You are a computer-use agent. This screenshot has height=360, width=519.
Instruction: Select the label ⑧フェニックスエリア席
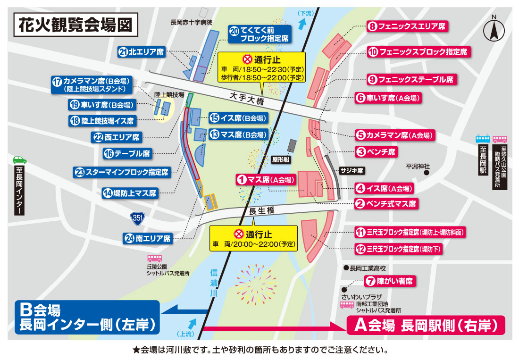(407, 27)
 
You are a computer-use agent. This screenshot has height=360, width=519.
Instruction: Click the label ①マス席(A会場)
(267, 180)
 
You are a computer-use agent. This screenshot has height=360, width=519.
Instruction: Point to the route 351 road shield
(137, 218)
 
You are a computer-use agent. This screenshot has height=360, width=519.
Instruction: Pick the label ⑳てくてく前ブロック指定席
(259, 34)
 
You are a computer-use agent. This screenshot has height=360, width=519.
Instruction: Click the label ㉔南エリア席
(149, 238)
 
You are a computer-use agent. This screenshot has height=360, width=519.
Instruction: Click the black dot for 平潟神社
(426, 173)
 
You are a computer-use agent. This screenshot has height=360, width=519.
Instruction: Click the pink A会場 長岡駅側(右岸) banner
(426, 325)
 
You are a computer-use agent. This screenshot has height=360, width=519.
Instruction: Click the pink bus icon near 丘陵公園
(154, 258)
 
